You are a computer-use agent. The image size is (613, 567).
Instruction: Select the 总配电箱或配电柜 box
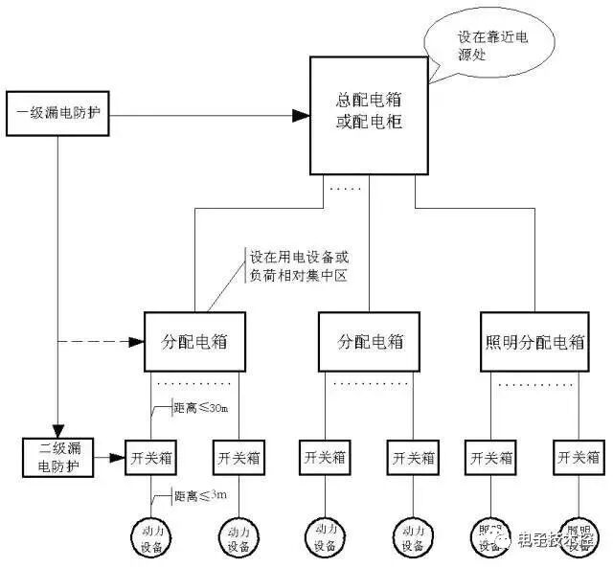pyautogui.click(x=369, y=115)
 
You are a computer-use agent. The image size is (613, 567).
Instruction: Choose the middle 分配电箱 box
pyautogui.click(x=371, y=341)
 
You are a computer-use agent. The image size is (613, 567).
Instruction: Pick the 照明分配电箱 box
pyautogui.click(x=541, y=341)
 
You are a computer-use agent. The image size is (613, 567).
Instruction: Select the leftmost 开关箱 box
pyautogui.click(x=152, y=456)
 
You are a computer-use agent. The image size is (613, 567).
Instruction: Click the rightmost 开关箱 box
pyautogui.click(x=577, y=456)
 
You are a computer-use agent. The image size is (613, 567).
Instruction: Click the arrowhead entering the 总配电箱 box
pyautogui.click(x=301, y=116)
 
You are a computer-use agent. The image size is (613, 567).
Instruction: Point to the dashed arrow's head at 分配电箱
pyautogui.click(x=134, y=341)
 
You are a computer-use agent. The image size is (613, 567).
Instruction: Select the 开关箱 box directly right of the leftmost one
pyautogui.click(x=237, y=456)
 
